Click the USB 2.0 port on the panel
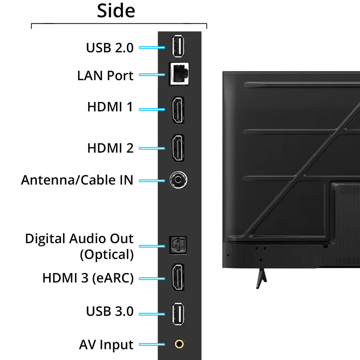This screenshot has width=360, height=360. (179, 46)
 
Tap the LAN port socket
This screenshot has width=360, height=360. (179, 74)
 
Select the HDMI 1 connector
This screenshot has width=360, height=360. (178, 110)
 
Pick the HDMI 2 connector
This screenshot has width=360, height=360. (178, 148)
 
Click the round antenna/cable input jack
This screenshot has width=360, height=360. (178, 180)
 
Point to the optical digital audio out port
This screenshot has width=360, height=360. (178, 245)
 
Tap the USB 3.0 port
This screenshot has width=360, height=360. (179, 314)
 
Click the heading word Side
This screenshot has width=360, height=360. (116, 11)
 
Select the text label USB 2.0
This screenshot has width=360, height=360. (110, 47)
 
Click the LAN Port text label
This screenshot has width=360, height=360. (105, 75)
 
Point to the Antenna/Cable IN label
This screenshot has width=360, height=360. (77, 180)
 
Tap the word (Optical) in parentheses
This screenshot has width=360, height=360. (107, 255)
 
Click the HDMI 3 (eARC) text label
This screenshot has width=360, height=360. (88, 278)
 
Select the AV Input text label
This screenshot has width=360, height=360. (106, 345)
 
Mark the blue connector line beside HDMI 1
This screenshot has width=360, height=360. (152, 109)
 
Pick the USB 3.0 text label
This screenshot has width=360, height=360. (110, 311)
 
